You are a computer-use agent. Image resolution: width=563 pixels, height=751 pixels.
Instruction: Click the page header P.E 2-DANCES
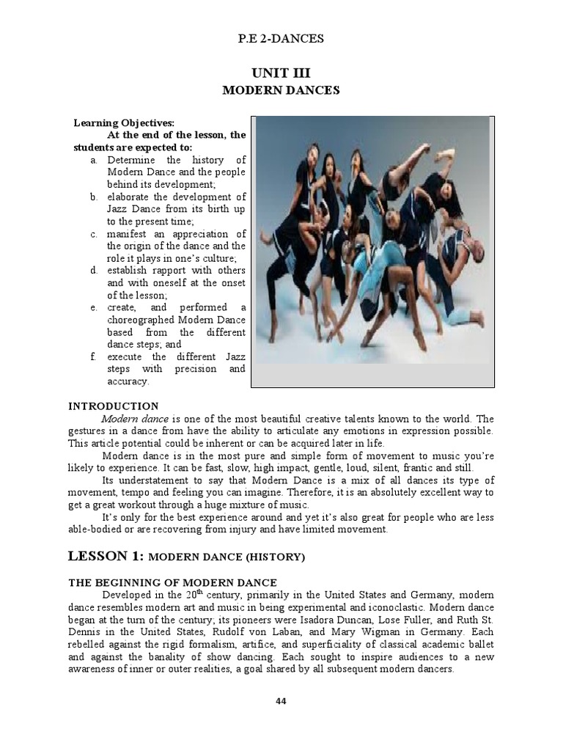click(x=281, y=39)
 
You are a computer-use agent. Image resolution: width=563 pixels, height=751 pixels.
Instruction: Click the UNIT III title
click(x=281, y=73)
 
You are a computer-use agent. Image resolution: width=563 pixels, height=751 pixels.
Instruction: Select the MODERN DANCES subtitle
click(x=281, y=90)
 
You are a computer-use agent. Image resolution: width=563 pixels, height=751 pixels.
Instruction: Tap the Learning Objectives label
click(x=124, y=123)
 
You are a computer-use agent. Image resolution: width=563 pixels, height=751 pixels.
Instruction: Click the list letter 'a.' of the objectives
click(x=94, y=160)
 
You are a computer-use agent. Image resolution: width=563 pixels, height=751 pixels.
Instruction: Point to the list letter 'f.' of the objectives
click(x=94, y=356)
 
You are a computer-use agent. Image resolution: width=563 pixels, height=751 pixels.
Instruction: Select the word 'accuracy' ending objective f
click(x=127, y=381)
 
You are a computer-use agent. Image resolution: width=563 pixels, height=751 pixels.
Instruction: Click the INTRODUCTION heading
click(x=113, y=406)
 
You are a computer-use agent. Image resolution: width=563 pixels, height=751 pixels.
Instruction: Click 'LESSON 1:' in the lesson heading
click(x=106, y=557)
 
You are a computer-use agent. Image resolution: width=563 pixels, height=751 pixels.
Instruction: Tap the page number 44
click(x=281, y=701)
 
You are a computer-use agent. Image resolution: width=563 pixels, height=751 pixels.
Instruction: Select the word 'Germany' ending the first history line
click(x=432, y=595)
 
